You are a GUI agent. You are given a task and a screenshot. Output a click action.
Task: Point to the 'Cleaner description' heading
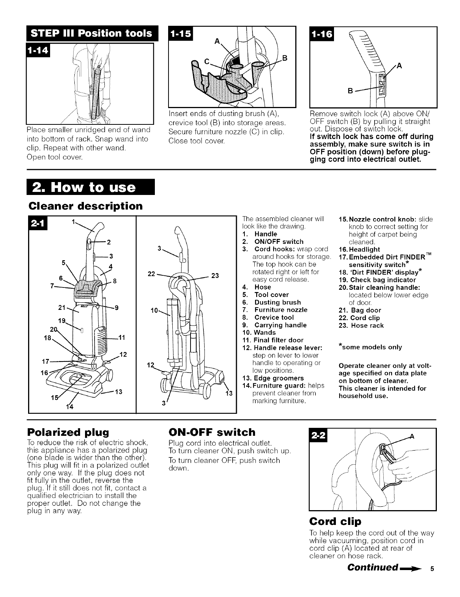click(x=85, y=206)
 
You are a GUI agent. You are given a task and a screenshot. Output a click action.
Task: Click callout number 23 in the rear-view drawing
click(x=215, y=276)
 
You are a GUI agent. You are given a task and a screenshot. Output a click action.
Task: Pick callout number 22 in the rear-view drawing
click(x=152, y=274)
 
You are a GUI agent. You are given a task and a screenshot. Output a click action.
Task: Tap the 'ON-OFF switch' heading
click(x=212, y=432)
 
